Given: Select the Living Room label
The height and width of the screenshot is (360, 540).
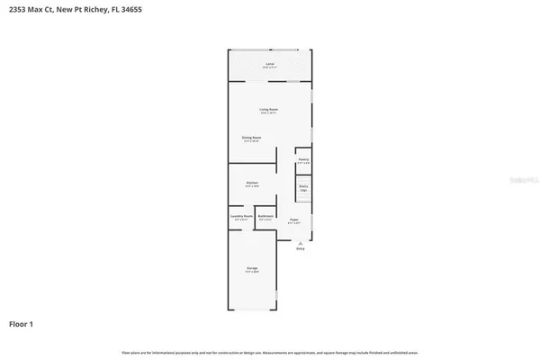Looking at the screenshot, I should tap(269, 109).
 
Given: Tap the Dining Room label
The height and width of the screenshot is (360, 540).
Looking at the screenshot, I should tap(251, 137).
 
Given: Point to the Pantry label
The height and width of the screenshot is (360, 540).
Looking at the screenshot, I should tap(304, 159).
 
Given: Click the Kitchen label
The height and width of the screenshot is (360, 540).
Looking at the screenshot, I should tap(252, 183).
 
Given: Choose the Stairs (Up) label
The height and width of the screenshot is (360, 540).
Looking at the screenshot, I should tap(304, 188).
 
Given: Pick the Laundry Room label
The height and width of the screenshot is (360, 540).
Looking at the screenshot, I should tap(240, 215).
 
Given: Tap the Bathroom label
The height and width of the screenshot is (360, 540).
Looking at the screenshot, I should tap(265, 215).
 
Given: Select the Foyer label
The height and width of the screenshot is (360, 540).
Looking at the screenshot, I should tap(294, 220).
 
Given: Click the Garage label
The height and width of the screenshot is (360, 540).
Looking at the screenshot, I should tap(253, 267).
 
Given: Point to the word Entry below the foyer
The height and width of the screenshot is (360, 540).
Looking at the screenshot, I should tap(300, 249).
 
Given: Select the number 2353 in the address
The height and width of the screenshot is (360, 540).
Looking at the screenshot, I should tap(17, 9).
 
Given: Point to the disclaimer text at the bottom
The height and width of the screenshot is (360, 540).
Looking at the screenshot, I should tap(270, 351).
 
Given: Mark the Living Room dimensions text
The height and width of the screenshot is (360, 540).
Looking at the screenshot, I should tap(269, 113).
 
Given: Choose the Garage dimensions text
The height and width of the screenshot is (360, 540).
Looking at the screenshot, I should tap(253, 272).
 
